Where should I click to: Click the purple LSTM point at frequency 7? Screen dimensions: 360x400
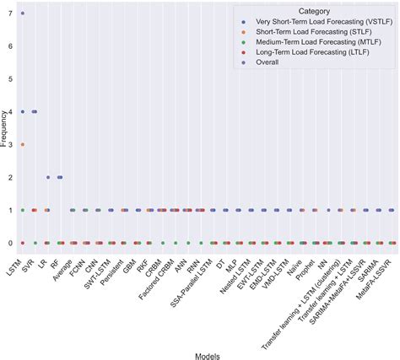[23, 13]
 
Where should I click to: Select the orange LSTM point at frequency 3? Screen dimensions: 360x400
[23, 144]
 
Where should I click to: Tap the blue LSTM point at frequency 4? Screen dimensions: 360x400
[23, 111]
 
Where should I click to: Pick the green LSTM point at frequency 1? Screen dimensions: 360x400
[23, 210]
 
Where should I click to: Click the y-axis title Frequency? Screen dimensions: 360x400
[6, 128]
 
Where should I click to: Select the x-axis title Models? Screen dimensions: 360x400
[207, 355]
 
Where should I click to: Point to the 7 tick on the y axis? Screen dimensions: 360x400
[9, 13]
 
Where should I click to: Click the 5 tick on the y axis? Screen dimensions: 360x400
[9, 79]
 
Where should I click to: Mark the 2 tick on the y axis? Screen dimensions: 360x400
[9, 177]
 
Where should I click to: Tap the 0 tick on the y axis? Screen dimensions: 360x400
[9, 243]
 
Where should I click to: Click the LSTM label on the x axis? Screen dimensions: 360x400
[14, 261]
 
